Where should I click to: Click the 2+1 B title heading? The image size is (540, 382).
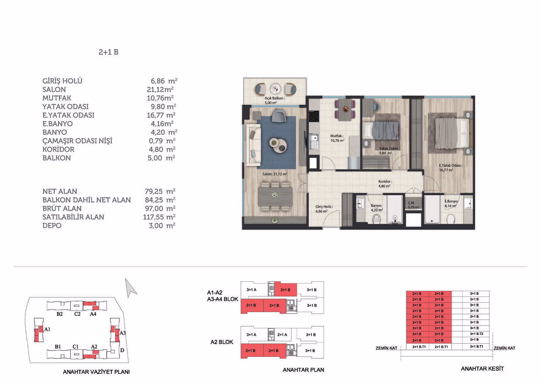click(108, 52)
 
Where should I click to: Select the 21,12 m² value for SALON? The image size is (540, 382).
click(160, 90)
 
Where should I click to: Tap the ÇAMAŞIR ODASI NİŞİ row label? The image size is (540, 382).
click(77, 141)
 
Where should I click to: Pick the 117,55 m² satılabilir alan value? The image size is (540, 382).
click(159, 217)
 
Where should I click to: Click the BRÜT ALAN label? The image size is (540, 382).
click(62, 208)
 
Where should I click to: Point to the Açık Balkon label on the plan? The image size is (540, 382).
click(275, 98)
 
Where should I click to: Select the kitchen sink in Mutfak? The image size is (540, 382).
click(314, 141)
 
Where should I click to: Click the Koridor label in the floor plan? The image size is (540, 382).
click(385, 181)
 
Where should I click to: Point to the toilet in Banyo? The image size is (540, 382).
click(376, 219)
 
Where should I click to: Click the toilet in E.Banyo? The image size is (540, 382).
click(450, 219)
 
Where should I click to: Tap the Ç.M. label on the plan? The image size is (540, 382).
click(411, 203)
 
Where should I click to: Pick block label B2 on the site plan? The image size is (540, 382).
click(59, 314)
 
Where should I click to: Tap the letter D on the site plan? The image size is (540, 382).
click(122, 350)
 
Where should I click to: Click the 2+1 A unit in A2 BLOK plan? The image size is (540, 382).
click(282, 335)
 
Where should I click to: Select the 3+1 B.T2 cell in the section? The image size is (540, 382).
click(476, 334)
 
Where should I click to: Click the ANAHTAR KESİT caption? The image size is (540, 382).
click(482, 369)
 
